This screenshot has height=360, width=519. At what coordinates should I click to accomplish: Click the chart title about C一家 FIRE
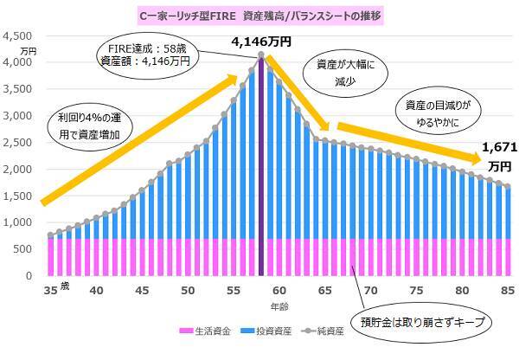[259, 15]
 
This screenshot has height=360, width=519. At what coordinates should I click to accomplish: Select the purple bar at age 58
[261, 173]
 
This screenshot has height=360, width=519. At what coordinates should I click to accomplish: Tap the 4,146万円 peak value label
[261, 41]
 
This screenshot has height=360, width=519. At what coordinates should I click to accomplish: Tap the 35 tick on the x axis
[49, 292]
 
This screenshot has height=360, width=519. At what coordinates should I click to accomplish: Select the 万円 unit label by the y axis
[27, 52]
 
